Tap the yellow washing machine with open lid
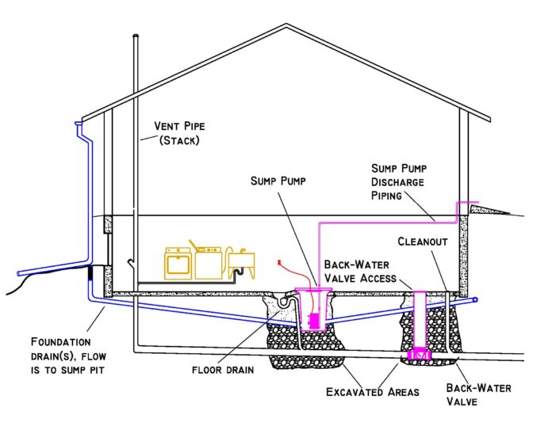click(207, 262)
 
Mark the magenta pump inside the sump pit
click(312, 321)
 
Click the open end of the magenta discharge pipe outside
click(475, 203)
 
